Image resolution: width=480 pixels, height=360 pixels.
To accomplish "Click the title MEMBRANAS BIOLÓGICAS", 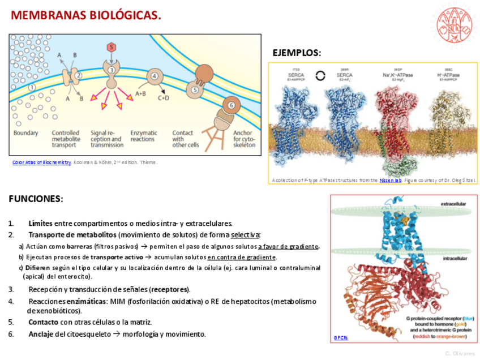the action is coord(86,15).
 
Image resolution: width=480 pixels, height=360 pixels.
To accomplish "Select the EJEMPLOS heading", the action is coord(297,53).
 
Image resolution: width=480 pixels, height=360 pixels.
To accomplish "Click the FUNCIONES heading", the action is coord(36,199).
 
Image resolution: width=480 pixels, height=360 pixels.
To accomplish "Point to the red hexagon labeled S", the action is coord(112,48).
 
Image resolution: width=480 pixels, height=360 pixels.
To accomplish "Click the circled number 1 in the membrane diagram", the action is coord(32,87).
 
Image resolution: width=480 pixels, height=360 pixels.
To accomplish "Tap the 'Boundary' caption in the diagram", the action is coord(25,133).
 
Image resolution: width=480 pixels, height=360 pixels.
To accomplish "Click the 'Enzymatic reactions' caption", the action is coord(143,136).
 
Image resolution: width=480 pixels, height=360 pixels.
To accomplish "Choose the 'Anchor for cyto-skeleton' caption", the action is coord(243,139).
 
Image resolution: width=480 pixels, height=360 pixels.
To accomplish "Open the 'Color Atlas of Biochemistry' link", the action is coord(41,162).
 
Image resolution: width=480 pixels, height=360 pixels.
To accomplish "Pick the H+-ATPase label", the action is coord(448,75).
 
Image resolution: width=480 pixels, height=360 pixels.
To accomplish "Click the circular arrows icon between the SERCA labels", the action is coord(320,75).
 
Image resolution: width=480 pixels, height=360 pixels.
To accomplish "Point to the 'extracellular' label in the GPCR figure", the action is coord(454,203).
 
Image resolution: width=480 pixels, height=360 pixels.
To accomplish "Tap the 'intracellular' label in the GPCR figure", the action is coord(455,258).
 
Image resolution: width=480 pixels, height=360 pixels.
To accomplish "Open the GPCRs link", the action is coord(341,337).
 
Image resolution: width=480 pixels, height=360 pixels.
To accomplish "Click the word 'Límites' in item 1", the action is coord(40,223).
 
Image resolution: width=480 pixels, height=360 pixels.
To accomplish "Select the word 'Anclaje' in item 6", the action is coord(41,334).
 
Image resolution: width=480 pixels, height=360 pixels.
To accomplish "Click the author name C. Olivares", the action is coord(460,353).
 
